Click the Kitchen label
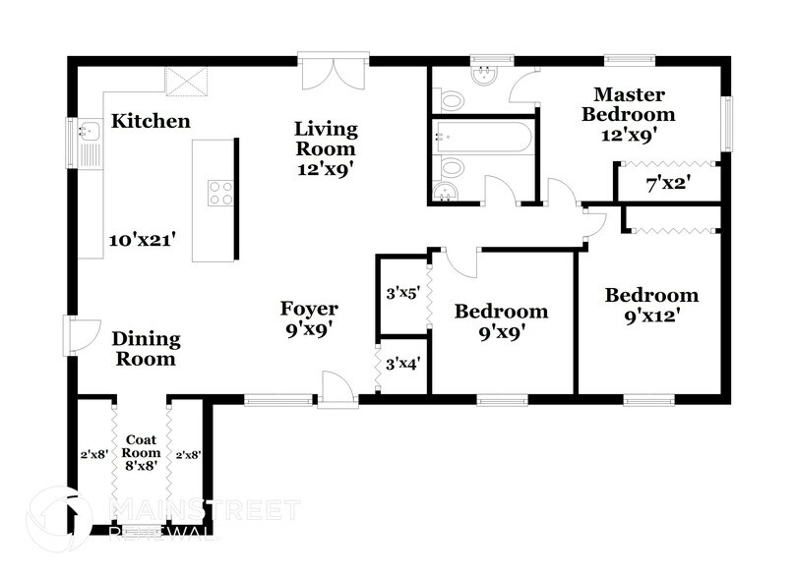click(150, 122)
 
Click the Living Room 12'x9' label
click(326, 147)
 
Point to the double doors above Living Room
click(335, 74)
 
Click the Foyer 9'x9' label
click(309, 319)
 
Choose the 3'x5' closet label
click(402, 292)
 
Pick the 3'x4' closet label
click(402, 364)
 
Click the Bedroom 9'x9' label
click(501, 321)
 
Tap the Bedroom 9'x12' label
click(651, 305)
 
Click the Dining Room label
click(146, 348)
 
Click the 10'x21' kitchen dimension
click(142, 239)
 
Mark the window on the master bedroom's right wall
click(727, 124)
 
